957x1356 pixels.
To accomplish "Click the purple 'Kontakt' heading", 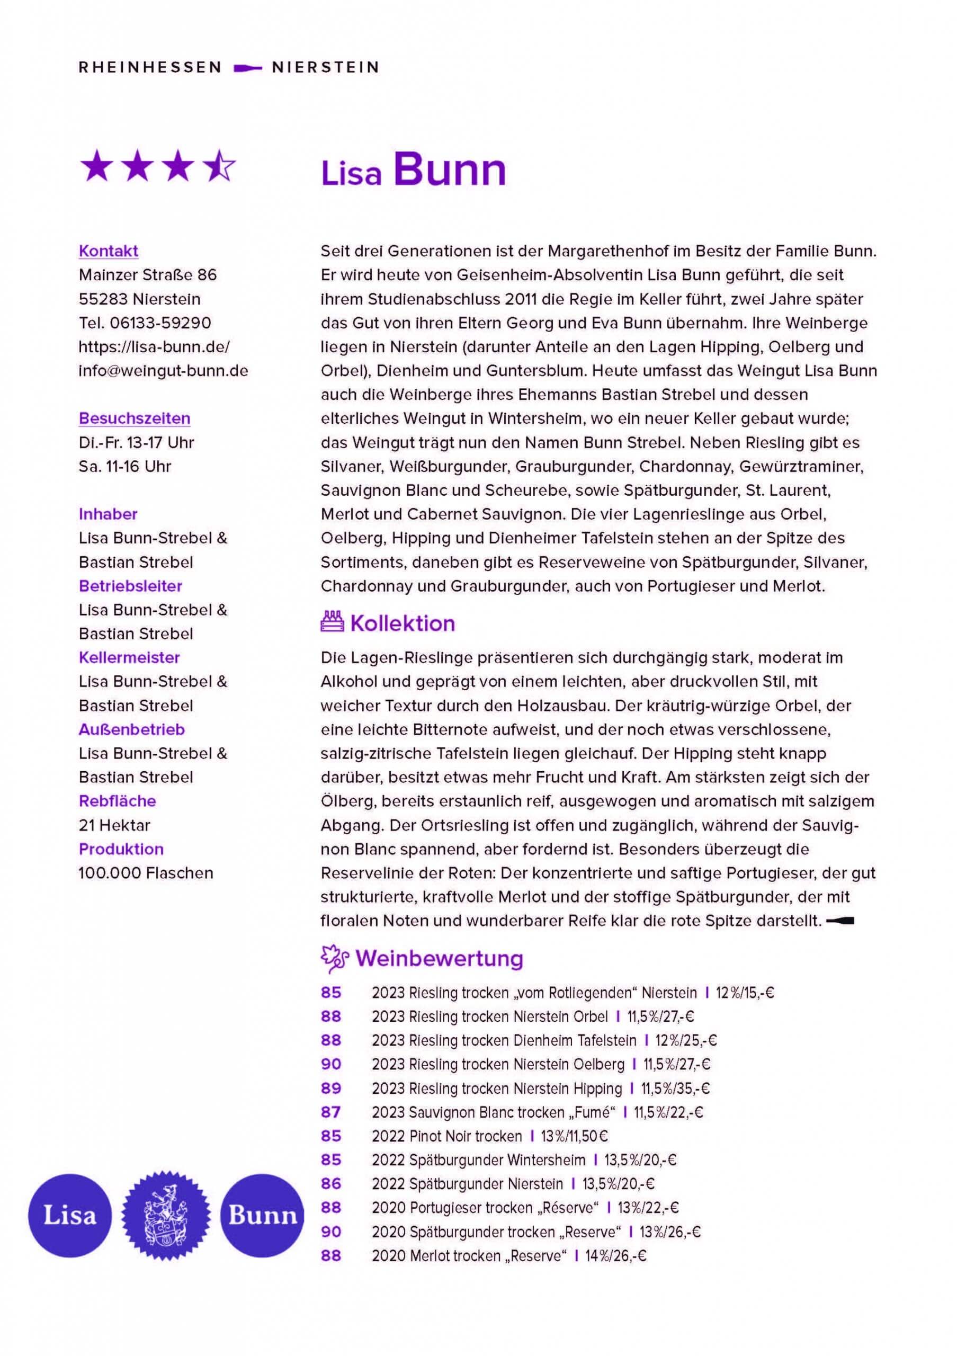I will coord(108,251).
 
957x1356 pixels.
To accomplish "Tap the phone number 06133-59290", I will coord(160,323).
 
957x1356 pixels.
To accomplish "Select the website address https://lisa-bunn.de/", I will coord(154,346).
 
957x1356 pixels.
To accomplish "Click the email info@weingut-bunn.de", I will coord(163,370).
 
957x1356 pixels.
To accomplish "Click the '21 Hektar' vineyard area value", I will coord(114,825).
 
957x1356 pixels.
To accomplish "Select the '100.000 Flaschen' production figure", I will coord(145,872).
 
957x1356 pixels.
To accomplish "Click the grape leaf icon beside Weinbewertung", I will coord(334,959).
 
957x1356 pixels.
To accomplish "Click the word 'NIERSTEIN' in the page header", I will coord(325,67).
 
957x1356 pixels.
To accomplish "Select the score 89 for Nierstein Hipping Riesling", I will coord(330,1088).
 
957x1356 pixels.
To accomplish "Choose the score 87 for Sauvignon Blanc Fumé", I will coord(330,1112).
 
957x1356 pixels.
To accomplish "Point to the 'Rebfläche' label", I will coord(117,801).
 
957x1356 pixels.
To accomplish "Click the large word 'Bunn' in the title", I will coord(449,170).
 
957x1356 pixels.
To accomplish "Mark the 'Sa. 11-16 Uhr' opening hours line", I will coord(124,466).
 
